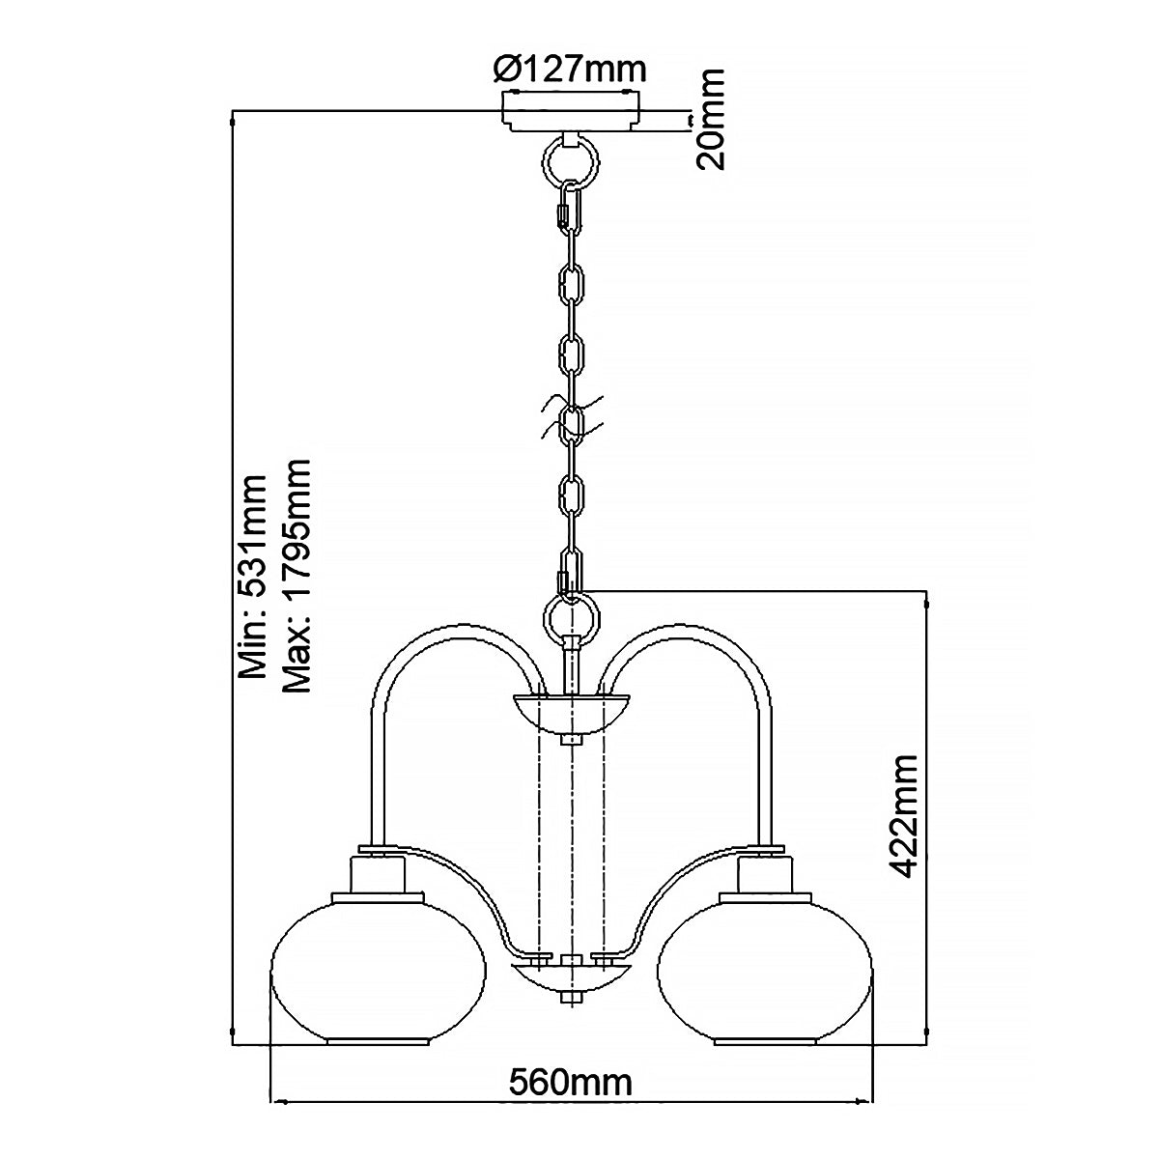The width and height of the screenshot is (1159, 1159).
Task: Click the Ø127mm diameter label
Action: click(569, 71)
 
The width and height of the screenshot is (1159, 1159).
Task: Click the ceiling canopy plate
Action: click(572, 112)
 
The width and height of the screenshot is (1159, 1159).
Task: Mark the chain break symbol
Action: click(572, 417)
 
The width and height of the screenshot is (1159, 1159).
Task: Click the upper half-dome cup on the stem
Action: click(572, 715)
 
